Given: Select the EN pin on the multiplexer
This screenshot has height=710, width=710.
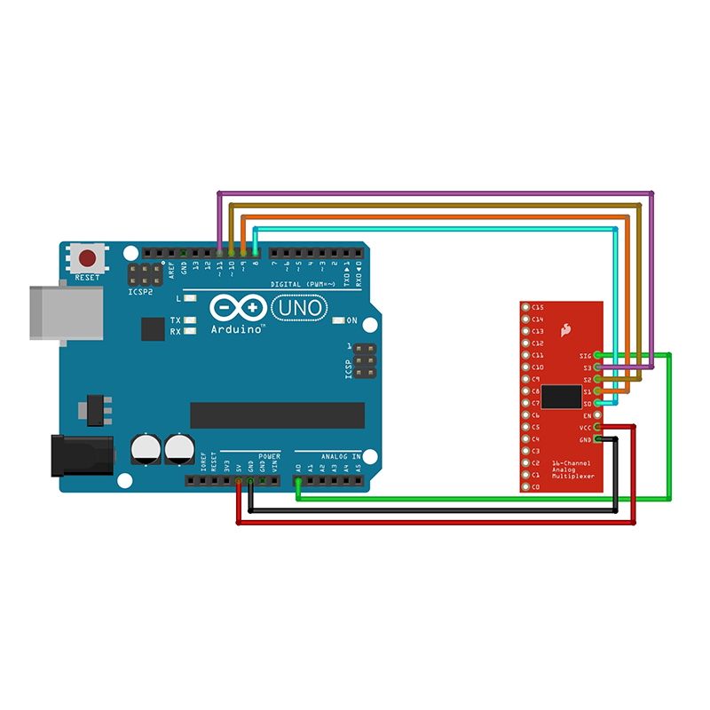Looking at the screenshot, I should coord(598,414).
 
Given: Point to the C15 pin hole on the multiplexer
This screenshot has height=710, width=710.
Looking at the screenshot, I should coord(525,307).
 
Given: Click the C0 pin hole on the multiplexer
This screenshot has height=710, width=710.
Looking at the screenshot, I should coord(525,486).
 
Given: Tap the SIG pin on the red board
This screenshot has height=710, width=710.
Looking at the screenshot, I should coord(598,355).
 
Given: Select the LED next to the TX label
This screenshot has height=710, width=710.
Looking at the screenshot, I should coord(189,319).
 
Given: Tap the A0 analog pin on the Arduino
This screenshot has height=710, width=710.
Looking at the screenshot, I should coord(298,481).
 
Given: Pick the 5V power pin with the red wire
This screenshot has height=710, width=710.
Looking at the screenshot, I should coord(239,481).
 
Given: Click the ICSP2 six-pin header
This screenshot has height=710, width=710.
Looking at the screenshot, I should coord(145,272).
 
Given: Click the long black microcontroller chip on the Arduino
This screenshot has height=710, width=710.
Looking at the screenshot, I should coord(277,414).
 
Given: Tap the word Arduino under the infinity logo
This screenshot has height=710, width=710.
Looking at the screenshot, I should coord(238,328).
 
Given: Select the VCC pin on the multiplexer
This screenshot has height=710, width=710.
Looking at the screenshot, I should coord(598,427).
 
